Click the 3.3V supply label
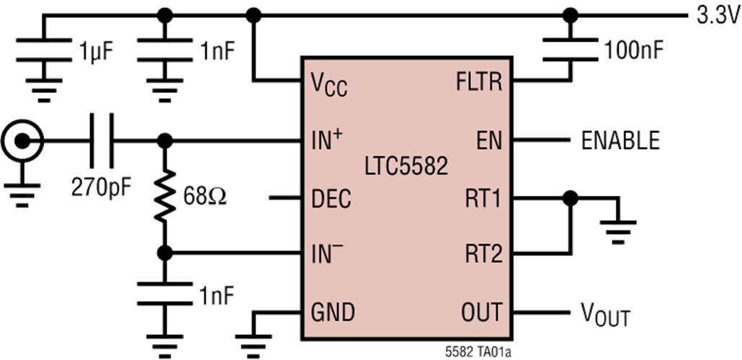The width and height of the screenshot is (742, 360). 718,17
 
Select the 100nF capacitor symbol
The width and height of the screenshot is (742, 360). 570,50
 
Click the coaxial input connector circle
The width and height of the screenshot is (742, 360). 22,140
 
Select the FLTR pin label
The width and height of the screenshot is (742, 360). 479,83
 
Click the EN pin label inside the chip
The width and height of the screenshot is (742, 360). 489,140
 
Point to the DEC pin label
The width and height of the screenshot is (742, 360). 331,199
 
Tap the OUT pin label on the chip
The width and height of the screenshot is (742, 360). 480,312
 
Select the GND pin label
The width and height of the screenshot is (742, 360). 332,312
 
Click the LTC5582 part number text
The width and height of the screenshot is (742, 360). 406,167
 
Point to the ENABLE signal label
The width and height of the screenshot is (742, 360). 620,140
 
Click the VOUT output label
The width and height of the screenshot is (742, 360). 605,315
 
